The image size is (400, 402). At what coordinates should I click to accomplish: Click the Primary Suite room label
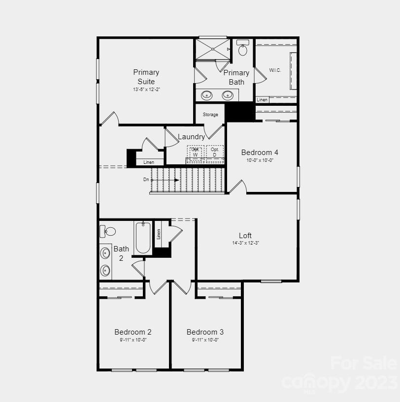146,77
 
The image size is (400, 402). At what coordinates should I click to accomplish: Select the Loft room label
245,235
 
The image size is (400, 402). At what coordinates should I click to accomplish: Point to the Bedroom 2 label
133,332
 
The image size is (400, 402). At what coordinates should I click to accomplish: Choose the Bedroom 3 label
205,332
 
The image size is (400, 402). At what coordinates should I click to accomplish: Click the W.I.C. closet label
275,70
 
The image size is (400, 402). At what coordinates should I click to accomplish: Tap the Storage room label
210,115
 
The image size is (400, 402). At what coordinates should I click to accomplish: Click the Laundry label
191,137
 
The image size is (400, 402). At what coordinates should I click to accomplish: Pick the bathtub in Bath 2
143,238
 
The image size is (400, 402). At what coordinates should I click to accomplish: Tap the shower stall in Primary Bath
212,49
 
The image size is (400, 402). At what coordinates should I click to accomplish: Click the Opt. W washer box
195,152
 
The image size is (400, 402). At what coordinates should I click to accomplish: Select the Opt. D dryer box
214,152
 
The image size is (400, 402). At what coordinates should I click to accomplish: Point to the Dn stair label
146,180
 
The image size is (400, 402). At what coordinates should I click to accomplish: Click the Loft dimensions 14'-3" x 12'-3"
245,243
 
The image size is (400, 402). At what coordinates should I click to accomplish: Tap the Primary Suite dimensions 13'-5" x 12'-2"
146,90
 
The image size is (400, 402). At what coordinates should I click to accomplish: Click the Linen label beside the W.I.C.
262,100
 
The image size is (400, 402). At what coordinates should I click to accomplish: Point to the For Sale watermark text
364,363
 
